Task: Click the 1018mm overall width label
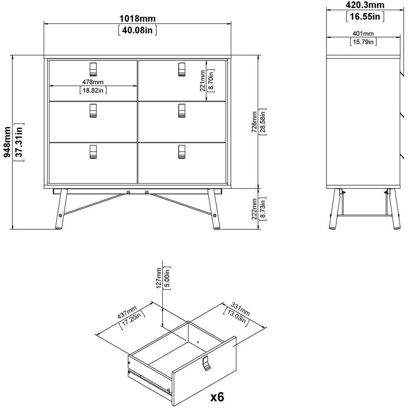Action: click(137, 19)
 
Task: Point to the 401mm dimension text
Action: click(363, 34)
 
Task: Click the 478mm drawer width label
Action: click(93, 82)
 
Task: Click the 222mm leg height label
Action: click(254, 209)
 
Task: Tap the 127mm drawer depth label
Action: click(159, 278)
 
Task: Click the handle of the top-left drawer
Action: click(93, 69)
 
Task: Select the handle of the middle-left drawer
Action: click(93, 111)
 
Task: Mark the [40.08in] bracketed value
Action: click(137, 30)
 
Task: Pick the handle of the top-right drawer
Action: click(182, 69)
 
